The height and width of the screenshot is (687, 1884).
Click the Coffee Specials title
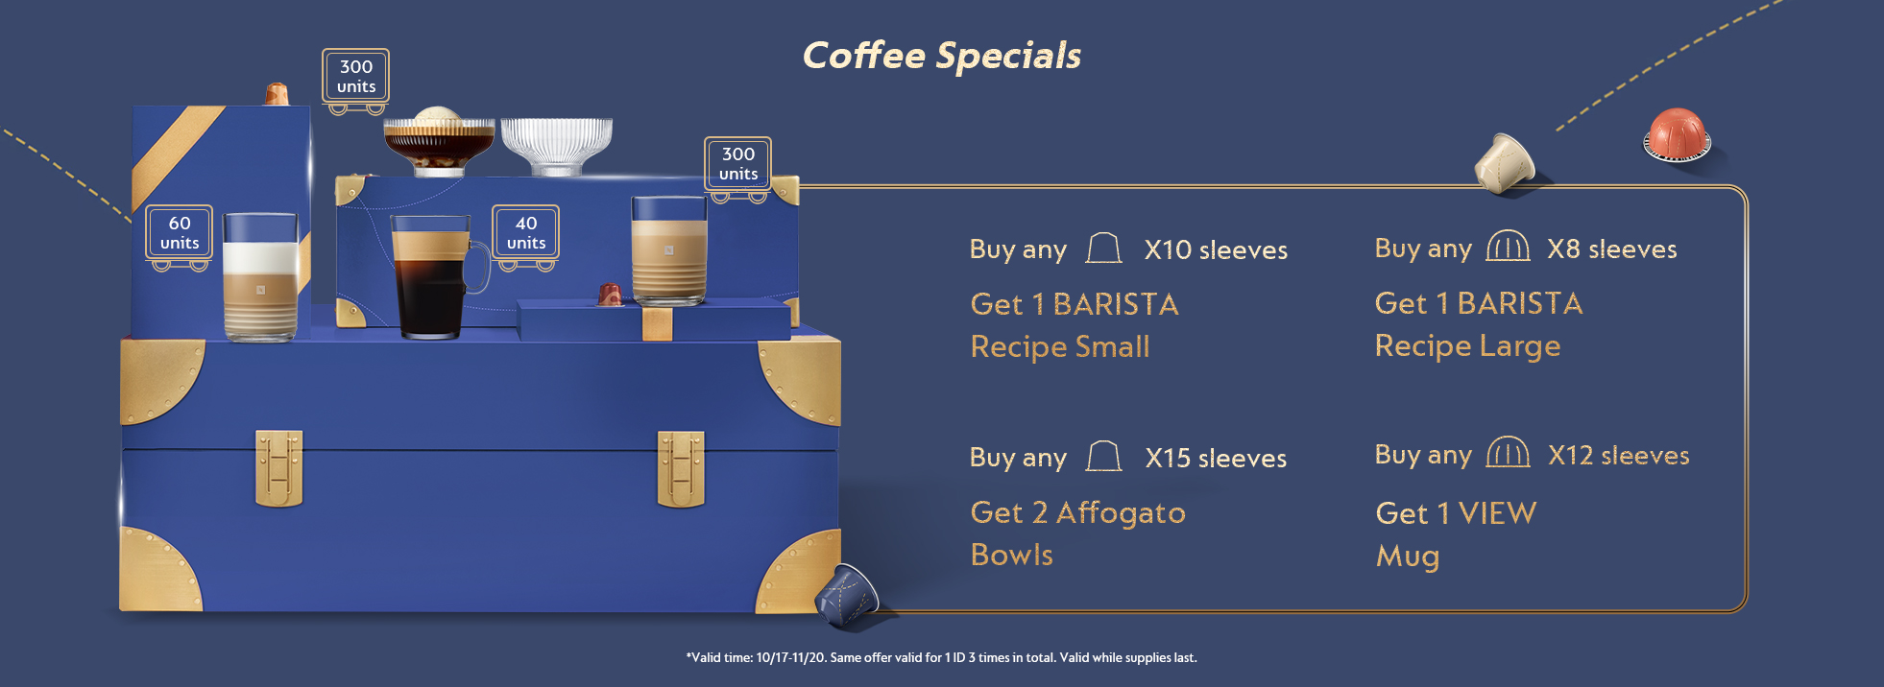941,56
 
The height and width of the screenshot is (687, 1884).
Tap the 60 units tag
180,232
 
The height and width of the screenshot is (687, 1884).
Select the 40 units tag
525,232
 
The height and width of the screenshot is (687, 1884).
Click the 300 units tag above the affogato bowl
355,76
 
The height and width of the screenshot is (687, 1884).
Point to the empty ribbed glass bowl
556,145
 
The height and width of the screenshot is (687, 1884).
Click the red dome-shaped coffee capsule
1677,134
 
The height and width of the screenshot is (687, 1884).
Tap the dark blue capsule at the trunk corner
846,594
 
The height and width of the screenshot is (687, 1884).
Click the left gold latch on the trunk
278,467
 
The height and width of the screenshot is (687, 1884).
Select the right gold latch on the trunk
681,468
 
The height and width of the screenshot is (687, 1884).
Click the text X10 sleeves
1216,250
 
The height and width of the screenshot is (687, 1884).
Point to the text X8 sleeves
1612,249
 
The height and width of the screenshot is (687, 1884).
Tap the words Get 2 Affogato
1077,513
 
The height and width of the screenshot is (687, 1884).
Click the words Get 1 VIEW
1456,513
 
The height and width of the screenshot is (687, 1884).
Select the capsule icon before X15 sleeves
1103,457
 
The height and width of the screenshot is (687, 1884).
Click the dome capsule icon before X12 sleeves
1508,453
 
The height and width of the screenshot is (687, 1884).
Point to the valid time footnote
941,658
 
